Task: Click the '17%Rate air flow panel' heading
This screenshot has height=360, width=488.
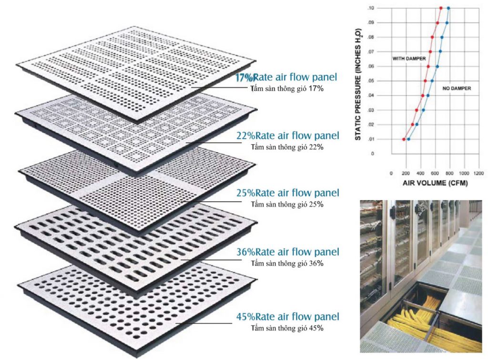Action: click(x=286, y=77)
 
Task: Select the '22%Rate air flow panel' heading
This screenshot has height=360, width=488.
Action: click(x=287, y=135)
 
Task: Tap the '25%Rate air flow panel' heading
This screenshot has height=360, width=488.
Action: click(x=287, y=193)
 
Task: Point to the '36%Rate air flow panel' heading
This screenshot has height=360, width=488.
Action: click(x=287, y=252)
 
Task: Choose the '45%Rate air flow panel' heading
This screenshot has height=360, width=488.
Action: click(x=287, y=317)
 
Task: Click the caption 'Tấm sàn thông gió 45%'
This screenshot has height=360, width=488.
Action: click(x=287, y=328)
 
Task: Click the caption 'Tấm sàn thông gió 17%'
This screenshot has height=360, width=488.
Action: click(x=287, y=88)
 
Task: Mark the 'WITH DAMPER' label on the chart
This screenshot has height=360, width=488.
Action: click(x=408, y=59)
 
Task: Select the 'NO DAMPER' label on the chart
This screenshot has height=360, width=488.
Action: click(x=457, y=88)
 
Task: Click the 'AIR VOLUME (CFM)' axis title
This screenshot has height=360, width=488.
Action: click(x=435, y=183)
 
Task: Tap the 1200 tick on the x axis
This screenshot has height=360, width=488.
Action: click(x=478, y=173)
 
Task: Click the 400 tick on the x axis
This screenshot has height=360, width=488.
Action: click(x=420, y=173)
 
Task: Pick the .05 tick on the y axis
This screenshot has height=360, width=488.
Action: click(x=371, y=81)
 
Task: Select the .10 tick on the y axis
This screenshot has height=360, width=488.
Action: click(x=371, y=8)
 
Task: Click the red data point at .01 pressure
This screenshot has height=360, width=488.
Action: click(x=404, y=139)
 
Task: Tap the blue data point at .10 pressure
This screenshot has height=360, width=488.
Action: click(x=448, y=8)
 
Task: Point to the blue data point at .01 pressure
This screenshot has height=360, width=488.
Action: click(x=408, y=139)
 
